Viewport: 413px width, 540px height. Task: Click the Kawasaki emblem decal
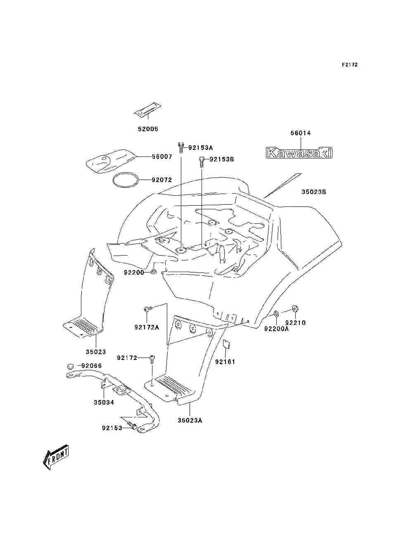[299, 152]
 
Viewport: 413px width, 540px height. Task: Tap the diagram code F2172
[349, 65]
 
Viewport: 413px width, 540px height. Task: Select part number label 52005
[148, 129]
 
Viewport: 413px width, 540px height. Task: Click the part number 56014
[301, 133]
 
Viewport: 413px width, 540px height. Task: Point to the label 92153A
[201, 148]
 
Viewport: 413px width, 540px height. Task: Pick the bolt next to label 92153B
[202, 162]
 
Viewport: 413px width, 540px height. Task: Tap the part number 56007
[162, 157]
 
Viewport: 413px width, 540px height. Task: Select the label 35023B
[314, 192]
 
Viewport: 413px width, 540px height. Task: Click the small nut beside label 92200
[153, 272]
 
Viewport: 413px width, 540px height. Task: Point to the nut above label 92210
[295, 308]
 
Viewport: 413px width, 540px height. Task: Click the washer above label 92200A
[276, 314]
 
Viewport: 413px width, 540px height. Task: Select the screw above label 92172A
[149, 309]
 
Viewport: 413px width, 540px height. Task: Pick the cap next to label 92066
[71, 373]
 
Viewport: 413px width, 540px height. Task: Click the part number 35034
[104, 403]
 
